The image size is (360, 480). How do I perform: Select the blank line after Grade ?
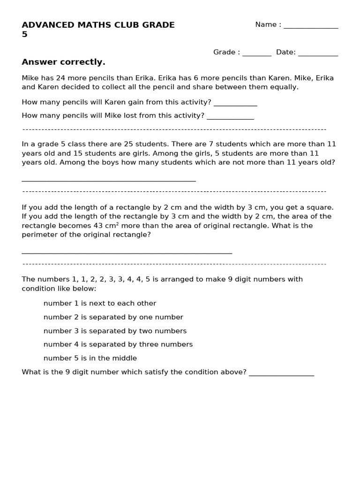tap(256, 54)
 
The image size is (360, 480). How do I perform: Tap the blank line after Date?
tap(318, 54)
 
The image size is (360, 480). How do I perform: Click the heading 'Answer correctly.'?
tap(63, 62)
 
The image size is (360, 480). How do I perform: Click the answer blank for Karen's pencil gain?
tap(235, 105)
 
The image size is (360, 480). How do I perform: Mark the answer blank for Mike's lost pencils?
tap(230, 118)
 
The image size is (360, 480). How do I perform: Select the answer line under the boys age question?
tap(109, 180)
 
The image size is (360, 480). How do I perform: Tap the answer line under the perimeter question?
tap(127, 253)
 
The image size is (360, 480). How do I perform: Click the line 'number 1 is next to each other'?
tap(100, 303)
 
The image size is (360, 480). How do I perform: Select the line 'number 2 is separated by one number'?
tap(113, 317)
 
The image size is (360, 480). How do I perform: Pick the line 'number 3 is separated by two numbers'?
tap(115, 331)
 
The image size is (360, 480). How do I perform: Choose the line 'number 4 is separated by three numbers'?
tap(118, 345)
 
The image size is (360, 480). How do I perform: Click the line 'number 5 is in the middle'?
tap(90, 358)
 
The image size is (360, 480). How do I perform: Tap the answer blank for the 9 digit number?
tap(281, 375)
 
